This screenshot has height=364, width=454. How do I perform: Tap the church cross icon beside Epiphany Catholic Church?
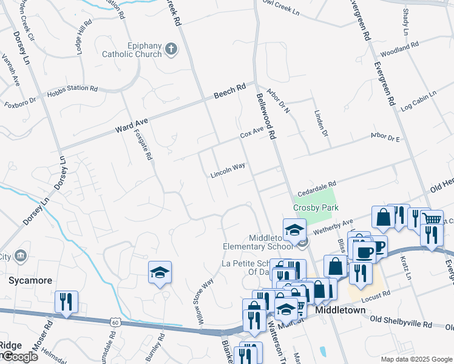click(x=171, y=49)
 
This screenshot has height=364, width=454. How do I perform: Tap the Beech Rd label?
click(x=229, y=92)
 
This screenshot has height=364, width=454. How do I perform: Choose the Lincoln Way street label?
click(x=228, y=170)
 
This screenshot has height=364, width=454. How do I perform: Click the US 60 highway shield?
click(x=115, y=323)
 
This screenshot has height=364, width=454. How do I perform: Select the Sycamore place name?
click(x=30, y=281)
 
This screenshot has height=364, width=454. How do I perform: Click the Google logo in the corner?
click(x=19, y=357)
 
